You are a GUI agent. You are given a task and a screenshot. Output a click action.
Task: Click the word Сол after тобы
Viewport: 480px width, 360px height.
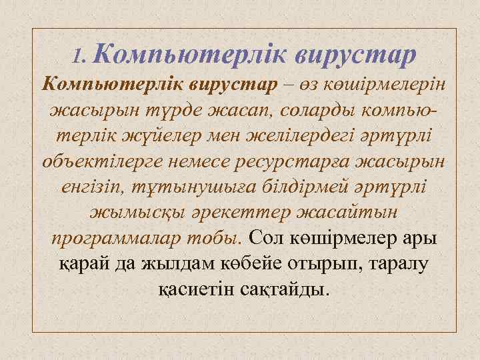(265, 238)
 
